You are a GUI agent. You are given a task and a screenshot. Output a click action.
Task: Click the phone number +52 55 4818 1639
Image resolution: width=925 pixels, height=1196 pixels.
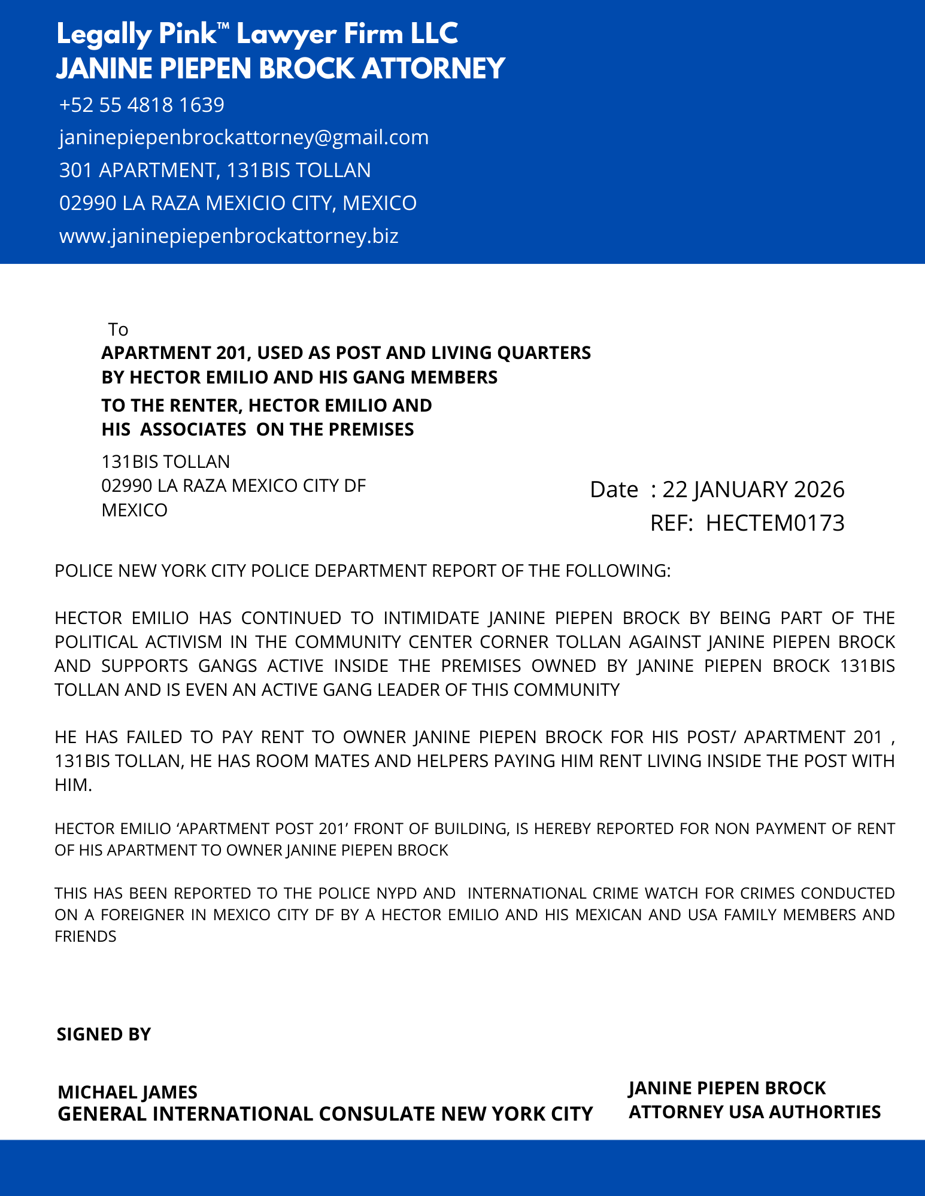[x=141, y=105]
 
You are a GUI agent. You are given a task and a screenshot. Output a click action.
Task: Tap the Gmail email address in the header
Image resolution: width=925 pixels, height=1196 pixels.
[x=244, y=138]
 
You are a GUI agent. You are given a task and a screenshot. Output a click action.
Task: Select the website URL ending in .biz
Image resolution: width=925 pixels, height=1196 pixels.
[x=229, y=236]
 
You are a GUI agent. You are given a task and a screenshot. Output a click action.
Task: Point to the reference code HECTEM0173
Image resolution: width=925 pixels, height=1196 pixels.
[x=775, y=523]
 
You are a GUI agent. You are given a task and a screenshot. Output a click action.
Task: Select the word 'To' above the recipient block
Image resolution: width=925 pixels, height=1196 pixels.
[x=118, y=330]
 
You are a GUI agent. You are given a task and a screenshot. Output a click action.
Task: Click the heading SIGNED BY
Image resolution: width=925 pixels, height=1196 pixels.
[x=104, y=1034]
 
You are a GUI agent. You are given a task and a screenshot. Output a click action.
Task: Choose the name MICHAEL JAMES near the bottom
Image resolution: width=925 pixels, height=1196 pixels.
[x=128, y=1092]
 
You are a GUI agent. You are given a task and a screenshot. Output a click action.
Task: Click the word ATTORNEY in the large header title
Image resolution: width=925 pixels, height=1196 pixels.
[x=433, y=68]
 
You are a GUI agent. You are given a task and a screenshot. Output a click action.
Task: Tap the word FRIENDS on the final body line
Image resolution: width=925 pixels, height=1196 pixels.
[x=86, y=936]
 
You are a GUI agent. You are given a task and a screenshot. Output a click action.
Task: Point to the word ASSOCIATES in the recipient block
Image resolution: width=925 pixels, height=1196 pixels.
[x=193, y=430]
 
